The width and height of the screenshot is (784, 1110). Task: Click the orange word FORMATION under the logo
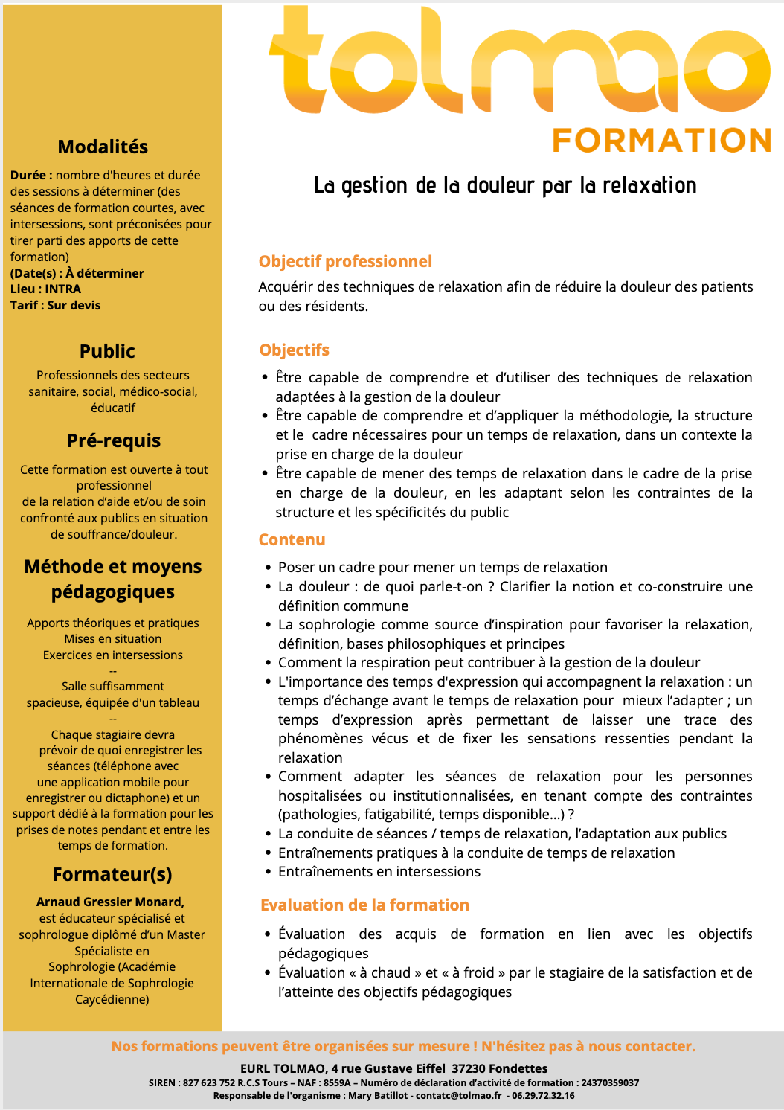(661, 140)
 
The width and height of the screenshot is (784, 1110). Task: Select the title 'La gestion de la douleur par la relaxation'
(505, 185)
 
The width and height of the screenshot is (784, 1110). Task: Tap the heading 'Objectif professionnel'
(345, 262)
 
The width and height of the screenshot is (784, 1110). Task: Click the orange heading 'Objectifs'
(294, 350)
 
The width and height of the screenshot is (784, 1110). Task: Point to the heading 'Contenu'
(292, 540)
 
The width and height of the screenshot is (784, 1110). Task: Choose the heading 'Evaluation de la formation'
(364, 905)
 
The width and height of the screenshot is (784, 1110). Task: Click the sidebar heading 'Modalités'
(103, 147)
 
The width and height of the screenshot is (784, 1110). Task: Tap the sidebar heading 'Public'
(107, 352)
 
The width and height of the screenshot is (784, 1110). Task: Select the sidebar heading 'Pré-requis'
(113, 441)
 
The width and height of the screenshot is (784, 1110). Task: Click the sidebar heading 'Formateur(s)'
(112, 875)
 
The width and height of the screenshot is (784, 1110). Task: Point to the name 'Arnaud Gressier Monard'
(110, 902)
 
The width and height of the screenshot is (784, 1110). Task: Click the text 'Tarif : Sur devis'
(55, 306)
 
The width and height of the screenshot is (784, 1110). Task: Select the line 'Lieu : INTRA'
(45, 289)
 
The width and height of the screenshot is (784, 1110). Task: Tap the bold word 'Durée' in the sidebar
(28, 176)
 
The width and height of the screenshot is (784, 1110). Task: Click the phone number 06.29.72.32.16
(543, 1096)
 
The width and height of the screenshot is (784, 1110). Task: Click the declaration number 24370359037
(610, 1083)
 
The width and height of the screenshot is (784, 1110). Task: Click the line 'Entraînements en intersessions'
(379, 872)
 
